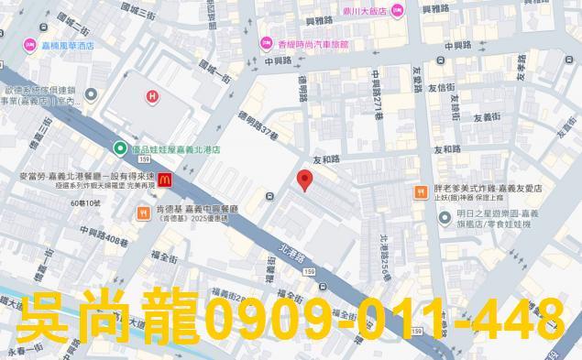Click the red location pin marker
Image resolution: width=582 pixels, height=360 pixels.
click(x=306, y=179)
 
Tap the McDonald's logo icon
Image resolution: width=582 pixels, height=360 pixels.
click(x=164, y=180)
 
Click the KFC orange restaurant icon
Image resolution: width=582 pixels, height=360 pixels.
click(x=142, y=213)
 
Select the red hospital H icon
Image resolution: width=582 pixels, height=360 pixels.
click(x=152, y=96)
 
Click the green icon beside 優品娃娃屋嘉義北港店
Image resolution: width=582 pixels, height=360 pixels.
click(x=119, y=148)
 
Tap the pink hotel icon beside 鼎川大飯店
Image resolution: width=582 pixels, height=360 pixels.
click(x=397, y=10)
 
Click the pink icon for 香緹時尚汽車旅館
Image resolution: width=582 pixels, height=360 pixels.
click(x=267, y=43)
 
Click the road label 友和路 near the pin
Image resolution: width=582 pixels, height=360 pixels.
click(x=325, y=159)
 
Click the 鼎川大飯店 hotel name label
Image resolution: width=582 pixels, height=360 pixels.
click(x=362, y=11)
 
